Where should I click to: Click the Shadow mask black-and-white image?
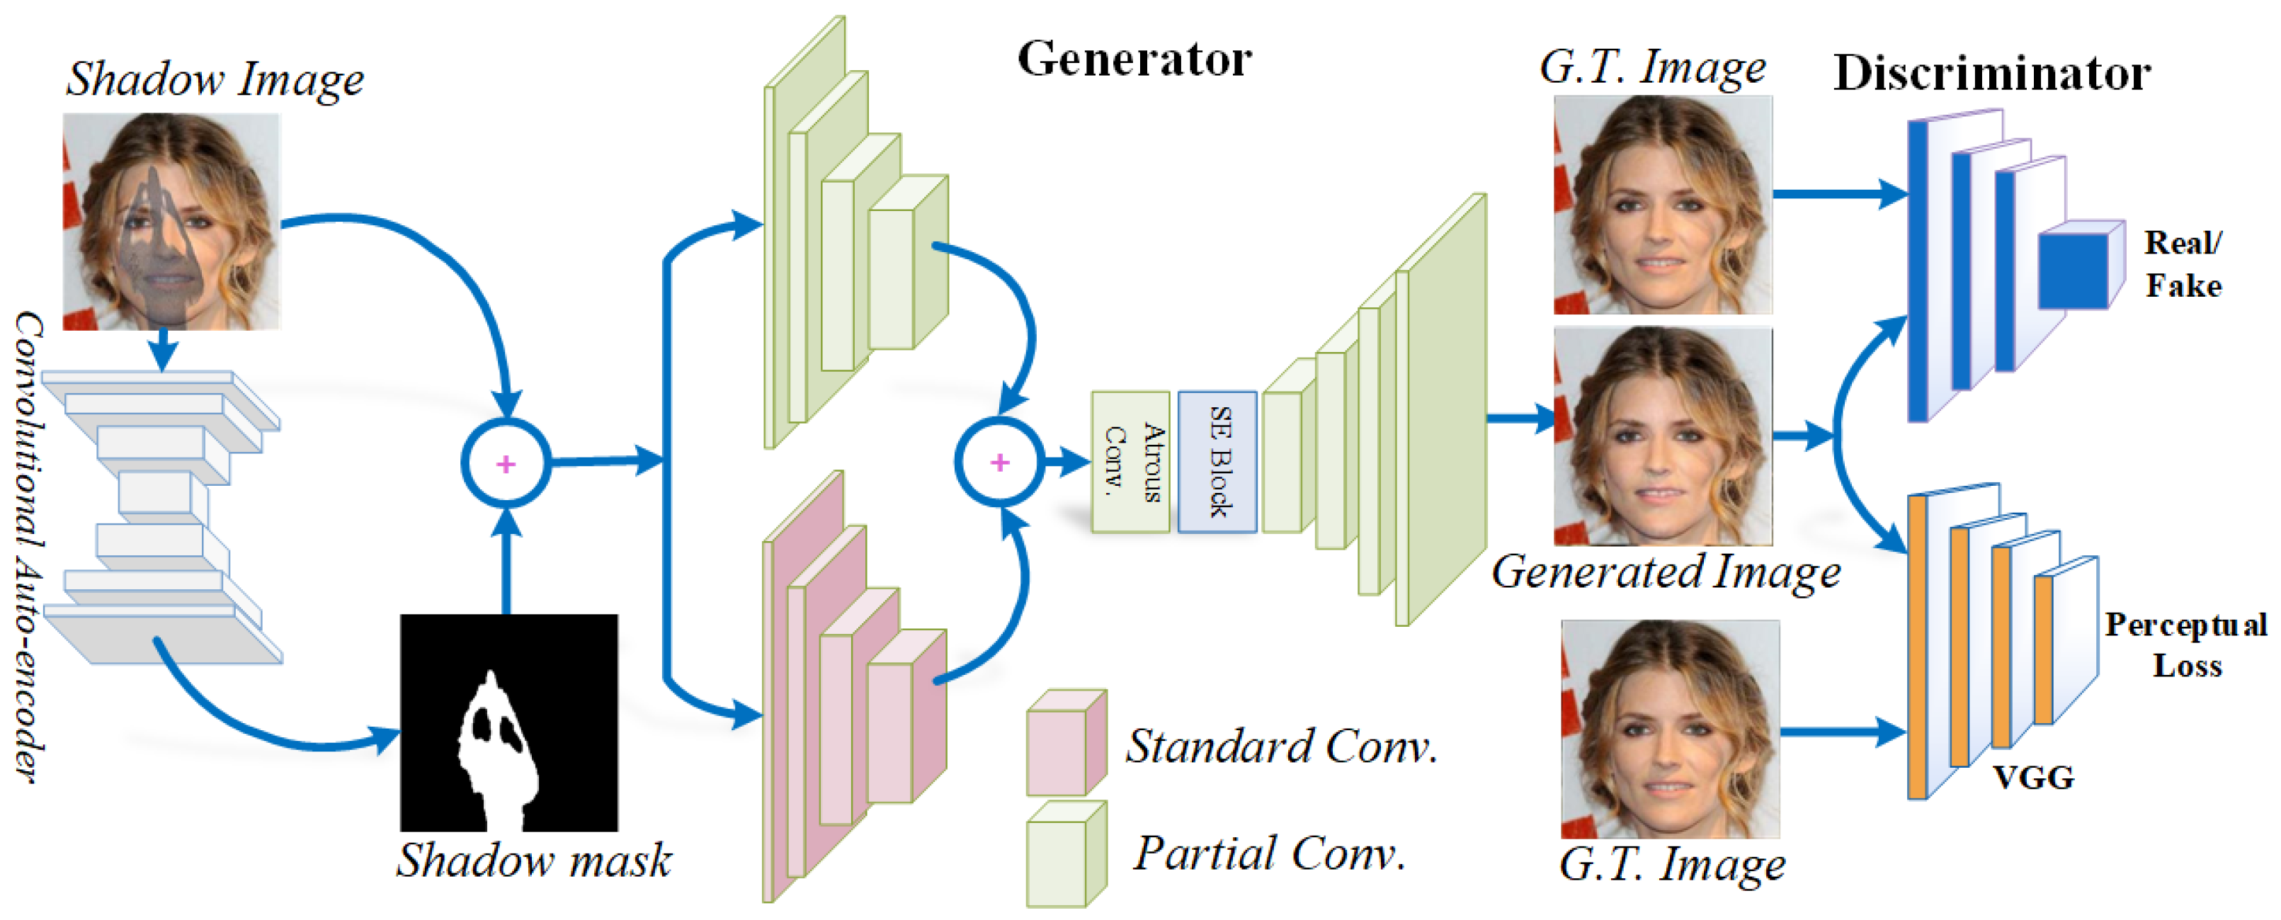[x=509, y=722]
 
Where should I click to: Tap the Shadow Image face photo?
[x=172, y=222]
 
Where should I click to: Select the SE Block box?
[x=1217, y=461]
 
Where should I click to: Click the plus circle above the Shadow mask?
[x=506, y=463]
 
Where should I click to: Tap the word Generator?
[x=1134, y=59]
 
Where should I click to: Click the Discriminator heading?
[x=1991, y=73]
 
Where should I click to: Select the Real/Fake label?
[x=2183, y=264]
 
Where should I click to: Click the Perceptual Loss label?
[x=2186, y=644]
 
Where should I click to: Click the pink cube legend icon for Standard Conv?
[x=1066, y=742]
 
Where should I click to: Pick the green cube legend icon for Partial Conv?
[x=1066, y=854]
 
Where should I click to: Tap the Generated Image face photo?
[x=1663, y=436]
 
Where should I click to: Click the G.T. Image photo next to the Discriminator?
[x=1663, y=205]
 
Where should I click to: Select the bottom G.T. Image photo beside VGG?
[x=1670, y=729]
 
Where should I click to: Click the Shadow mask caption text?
[x=533, y=860]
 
